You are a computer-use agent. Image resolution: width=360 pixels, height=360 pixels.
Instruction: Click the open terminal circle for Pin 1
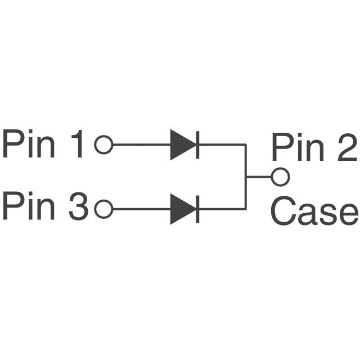(103, 145)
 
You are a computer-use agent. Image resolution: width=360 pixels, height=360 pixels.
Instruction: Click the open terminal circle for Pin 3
(103, 209)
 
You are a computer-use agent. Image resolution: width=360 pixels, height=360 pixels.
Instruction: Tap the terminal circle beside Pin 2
(280, 177)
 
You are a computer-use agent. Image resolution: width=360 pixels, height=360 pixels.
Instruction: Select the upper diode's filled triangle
(182, 145)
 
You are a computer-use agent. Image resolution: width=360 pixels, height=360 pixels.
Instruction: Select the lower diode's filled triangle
(182, 209)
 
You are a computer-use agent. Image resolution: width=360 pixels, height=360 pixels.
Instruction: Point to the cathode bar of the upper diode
(196, 145)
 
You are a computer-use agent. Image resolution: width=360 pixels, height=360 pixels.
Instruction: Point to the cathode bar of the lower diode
(196, 209)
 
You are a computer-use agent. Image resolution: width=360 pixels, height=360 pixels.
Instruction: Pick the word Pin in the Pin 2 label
(298, 147)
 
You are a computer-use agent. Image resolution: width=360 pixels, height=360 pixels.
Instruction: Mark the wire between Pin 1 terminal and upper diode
(141, 145)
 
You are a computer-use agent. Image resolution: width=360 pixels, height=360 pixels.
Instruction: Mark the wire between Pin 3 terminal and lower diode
(141, 209)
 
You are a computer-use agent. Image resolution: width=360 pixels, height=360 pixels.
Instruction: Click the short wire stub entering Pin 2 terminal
(259, 177)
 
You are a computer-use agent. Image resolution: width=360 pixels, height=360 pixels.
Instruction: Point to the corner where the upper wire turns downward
(246, 145)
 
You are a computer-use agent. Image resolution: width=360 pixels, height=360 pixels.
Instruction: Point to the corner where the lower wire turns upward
(246, 209)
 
